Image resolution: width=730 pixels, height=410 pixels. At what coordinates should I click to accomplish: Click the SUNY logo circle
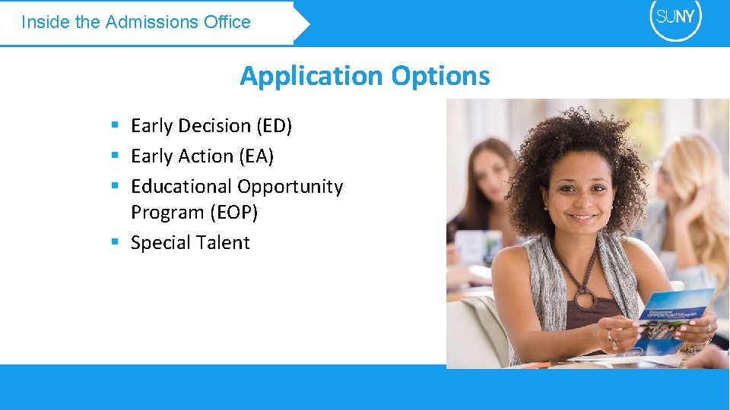(x=675, y=18)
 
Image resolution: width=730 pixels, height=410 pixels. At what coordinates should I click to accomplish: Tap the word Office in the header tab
(x=227, y=22)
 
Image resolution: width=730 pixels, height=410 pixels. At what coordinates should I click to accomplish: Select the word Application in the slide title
(x=311, y=76)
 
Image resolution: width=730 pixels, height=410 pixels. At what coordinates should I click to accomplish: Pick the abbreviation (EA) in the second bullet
(x=255, y=156)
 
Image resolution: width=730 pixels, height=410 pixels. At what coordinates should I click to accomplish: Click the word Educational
(x=181, y=187)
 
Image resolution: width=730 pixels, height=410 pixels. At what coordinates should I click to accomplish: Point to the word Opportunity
(x=290, y=187)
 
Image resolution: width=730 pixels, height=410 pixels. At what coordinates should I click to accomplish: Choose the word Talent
(x=221, y=243)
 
